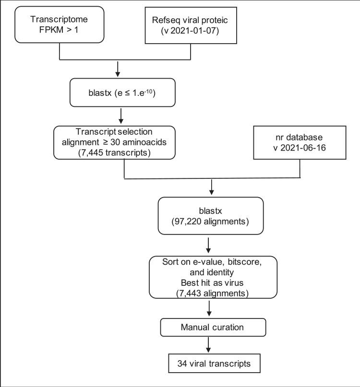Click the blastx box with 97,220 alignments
210,214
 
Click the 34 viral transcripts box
210,364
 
